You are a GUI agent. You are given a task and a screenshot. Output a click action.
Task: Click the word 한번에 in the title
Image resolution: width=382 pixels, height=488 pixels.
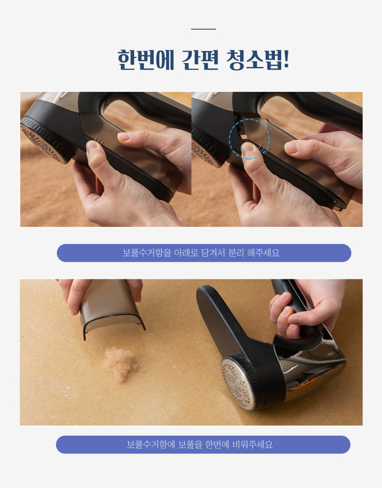(x=146, y=60)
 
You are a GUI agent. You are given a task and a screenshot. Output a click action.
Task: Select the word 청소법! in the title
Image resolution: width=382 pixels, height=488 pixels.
(x=258, y=60)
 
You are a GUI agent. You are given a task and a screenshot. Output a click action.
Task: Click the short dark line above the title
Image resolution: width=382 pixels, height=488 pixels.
(x=203, y=29)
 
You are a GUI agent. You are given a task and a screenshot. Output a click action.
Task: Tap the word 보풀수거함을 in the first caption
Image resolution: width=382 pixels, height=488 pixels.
(x=147, y=253)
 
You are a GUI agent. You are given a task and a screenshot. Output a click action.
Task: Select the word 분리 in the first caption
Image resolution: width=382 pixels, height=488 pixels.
(x=236, y=253)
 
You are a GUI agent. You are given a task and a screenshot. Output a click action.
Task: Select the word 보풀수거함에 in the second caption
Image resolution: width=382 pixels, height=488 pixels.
(x=151, y=445)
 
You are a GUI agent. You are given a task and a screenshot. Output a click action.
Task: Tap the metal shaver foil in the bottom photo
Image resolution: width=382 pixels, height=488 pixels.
(x=236, y=383)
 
